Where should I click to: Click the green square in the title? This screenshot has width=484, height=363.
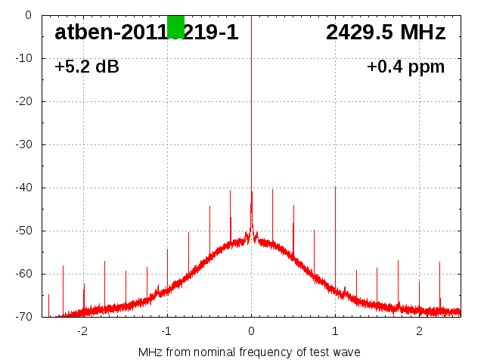tap(175, 26)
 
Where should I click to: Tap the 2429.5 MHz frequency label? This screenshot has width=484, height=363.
tap(386, 33)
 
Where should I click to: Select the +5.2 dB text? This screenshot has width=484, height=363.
tap(87, 67)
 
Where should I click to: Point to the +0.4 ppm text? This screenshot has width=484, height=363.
tap(406, 67)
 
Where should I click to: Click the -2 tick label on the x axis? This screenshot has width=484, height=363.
tap(82, 331)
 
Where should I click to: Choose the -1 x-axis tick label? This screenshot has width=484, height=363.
tap(166, 331)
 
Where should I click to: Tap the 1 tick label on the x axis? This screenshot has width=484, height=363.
tap(335, 331)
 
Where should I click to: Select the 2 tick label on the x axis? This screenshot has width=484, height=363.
tap(419, 331)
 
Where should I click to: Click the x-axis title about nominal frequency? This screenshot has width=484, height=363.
tap(249, 352)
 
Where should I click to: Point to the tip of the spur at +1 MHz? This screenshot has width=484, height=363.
tap(335, 187)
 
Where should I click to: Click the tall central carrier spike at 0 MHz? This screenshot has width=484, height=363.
tap(251, 113)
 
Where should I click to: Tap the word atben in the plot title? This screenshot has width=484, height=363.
tap(83, 33)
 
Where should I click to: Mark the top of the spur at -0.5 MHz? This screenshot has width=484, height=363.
tap(209, 206)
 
